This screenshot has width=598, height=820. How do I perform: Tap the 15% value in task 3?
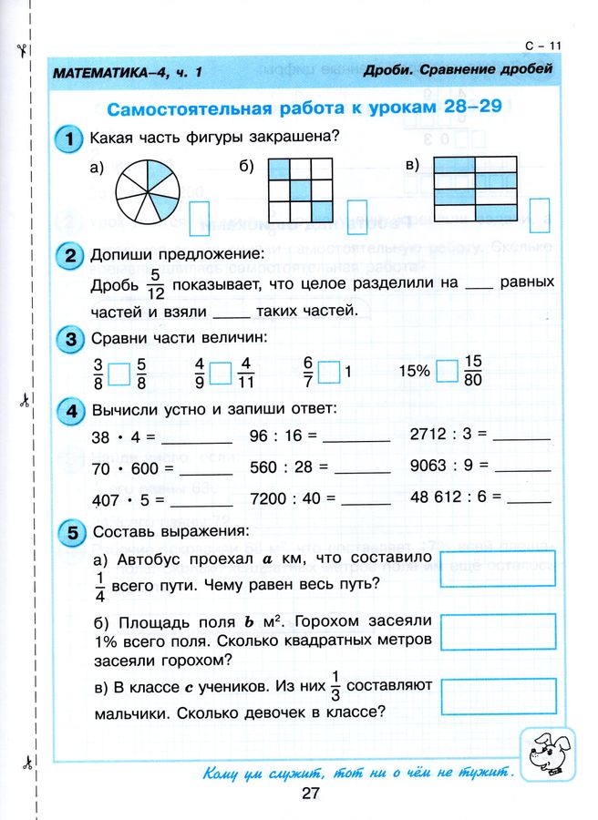tap(414, 373)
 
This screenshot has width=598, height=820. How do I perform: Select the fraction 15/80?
tap(472, 372)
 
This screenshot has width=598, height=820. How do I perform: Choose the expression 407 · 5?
tap(126, 500)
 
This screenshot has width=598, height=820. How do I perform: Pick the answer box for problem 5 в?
tap(497, 697)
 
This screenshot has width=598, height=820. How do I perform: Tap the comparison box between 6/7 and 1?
tap(329, 373)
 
